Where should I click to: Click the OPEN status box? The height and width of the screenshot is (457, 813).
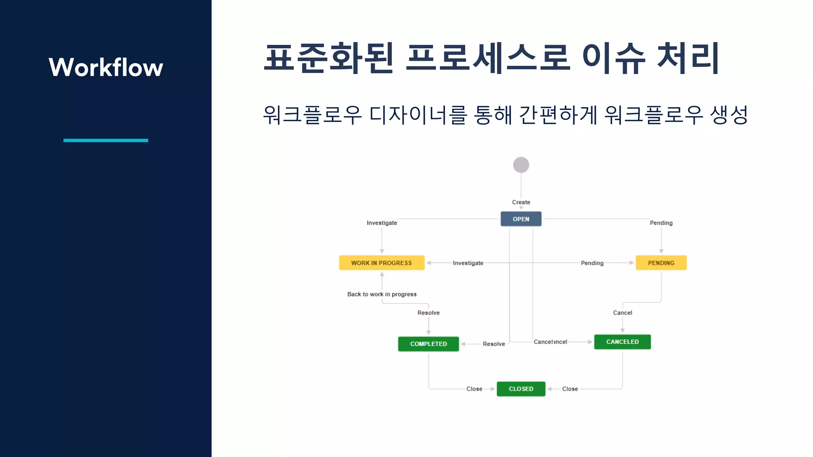coord(521,219)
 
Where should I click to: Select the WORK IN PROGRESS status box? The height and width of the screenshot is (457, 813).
coord(381,263)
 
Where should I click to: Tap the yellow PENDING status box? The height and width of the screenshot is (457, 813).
coord(661,263)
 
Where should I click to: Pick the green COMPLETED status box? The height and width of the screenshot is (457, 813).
coord(428,344)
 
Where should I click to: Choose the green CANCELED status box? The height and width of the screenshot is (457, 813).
coord(622,342)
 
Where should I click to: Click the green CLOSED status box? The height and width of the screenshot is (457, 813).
coord(521,389)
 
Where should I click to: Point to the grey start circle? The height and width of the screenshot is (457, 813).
coord(521,165)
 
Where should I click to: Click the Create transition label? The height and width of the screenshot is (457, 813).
coord(521,202)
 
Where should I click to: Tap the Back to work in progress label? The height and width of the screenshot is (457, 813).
coord(382,294)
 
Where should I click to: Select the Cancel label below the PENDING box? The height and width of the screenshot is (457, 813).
coord(622,313)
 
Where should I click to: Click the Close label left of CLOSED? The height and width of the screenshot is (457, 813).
coord(474,389)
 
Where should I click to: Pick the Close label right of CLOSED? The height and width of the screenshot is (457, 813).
coord(570,389)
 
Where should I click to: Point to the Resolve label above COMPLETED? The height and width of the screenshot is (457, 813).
coord(428,313)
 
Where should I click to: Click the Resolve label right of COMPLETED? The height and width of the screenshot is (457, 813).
coord(494,344)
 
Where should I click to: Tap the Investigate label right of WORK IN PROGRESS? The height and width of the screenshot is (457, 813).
coord(468,263)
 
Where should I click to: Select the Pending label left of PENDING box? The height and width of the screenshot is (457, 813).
coord(592,263)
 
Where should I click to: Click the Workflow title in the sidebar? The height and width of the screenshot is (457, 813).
coord(106,67)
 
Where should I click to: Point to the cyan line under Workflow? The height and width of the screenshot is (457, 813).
coord(106,140)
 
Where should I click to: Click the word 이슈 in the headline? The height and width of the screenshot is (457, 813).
coord(614,58)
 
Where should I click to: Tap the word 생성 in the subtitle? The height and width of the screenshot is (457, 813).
coord(729,115)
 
